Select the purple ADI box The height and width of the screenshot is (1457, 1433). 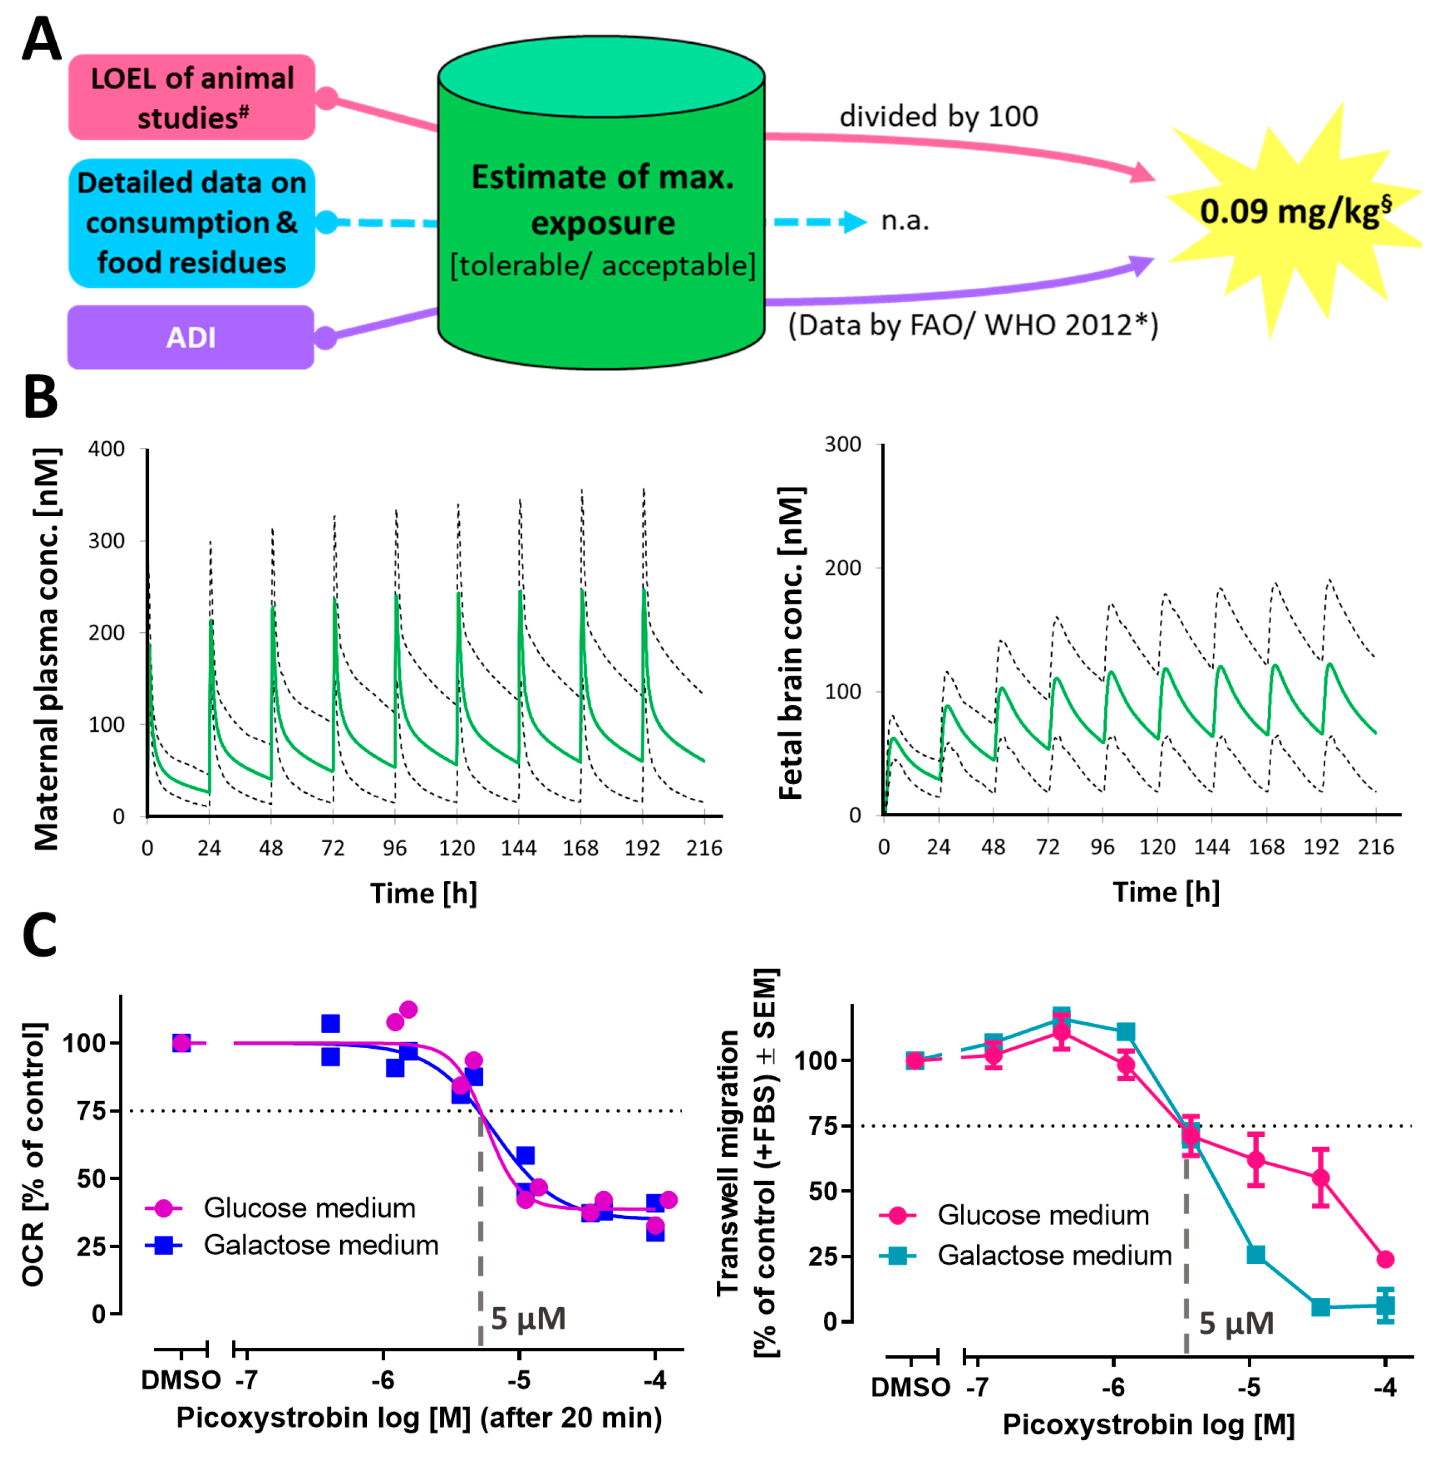click(191, 337)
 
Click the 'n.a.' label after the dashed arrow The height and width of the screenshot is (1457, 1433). click(906, 221)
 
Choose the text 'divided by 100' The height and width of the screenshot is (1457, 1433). click(939, 117)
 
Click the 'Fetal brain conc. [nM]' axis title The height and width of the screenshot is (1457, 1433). click(791, 644)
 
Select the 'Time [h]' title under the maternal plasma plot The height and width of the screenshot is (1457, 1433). click(423, 893)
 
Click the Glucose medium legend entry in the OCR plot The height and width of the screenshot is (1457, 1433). click(281, 1208)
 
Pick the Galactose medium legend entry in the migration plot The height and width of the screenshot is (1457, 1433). click(1026, 1255)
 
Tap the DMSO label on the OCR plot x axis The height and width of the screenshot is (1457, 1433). click(181, 1380)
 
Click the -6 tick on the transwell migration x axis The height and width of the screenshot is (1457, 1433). click(1113, 1386)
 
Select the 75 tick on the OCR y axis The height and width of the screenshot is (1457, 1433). click(94, 1111)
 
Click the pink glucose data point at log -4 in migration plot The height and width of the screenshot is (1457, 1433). click(1385, 1259)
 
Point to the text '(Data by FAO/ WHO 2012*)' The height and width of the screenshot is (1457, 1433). click(973, 325)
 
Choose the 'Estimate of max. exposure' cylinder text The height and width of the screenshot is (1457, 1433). click(603, 200)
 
